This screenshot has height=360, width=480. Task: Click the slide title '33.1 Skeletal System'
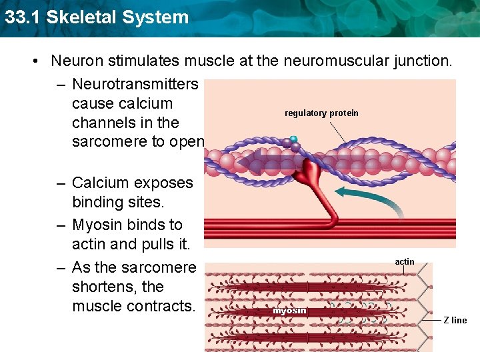click(x=97, y=17)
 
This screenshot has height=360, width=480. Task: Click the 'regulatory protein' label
click(x=321, y=113)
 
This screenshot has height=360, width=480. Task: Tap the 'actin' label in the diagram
click(x=405, y=262)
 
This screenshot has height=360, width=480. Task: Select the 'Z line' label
click(x=455, y=321)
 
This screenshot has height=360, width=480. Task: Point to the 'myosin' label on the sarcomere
click(x=290, y=311)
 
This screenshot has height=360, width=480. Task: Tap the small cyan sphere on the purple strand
click(x=293, y=139)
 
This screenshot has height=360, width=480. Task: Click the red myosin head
click(x=310, y=176)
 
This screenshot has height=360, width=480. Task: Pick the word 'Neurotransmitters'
click(x=135, y=85)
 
